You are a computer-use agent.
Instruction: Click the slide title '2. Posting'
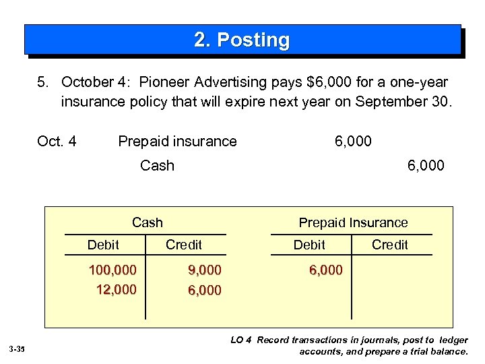242,40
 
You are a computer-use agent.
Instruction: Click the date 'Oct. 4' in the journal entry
57,141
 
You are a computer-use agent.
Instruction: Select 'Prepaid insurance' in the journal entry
177,141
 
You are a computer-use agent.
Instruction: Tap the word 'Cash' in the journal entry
157,165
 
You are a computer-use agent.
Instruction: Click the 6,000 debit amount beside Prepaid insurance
353,141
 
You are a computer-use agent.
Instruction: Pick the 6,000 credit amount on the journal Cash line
426,165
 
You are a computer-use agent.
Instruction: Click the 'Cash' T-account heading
148,222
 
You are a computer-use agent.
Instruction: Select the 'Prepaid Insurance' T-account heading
353,222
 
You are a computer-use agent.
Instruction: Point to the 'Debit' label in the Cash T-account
103,245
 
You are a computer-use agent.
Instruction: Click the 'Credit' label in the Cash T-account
184,245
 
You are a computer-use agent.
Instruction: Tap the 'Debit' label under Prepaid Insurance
309,245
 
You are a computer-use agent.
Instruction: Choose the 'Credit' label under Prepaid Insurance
390,245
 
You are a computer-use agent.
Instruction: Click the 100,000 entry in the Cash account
112,270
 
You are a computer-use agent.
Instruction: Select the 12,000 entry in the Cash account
116,289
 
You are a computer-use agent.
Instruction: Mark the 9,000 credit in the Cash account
204,270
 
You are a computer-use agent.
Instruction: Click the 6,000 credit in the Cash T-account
204,290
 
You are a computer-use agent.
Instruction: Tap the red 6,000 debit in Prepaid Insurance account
325,270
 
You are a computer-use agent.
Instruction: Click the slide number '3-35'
17,349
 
